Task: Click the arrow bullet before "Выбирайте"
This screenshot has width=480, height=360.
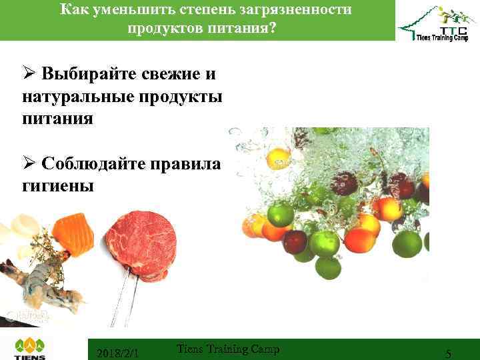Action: pyautogui.click(x=29, y=73)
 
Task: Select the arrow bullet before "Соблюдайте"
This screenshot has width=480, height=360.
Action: pyautogui.click(x=29, y=163)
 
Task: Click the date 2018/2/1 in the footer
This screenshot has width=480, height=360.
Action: pyautogui.click(x=118, y=353)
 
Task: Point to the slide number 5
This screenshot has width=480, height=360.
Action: pyautogui.click(x=449, y=354)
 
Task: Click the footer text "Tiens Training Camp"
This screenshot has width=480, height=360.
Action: pyautogui.click(x=228, y=349)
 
